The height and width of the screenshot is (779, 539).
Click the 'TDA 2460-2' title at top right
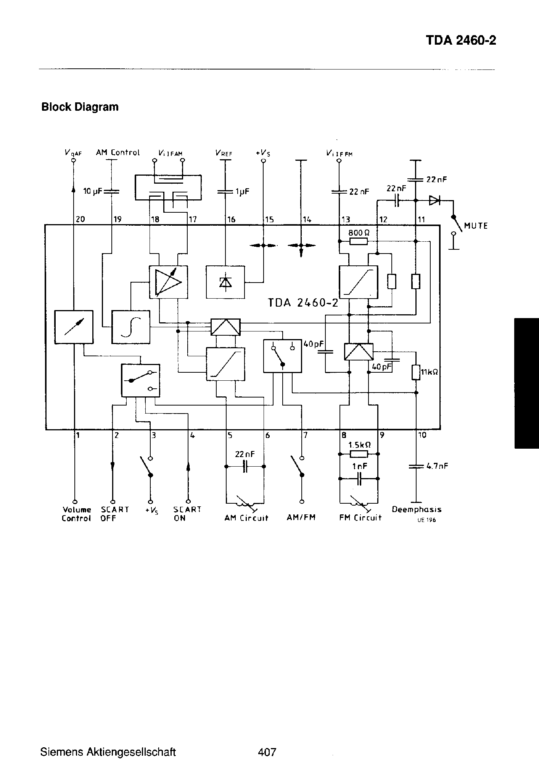(x=460, y=41)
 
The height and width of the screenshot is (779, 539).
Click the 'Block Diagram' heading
(x=80, y=107)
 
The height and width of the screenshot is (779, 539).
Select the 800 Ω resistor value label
(x=359, y=233)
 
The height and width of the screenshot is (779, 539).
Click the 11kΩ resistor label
(x=429, y=371)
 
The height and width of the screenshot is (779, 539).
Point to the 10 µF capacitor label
(x=92, y=191)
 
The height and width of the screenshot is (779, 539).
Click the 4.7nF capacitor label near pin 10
(x=437, y=466)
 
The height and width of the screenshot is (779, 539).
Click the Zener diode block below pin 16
(x=225, y=282)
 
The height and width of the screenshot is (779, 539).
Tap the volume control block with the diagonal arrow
(x=74, y=327)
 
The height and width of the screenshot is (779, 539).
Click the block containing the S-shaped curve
(x=130, y=327)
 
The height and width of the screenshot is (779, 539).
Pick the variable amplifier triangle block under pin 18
(x=168, y=282)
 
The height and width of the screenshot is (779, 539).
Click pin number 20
(x=80, y=219)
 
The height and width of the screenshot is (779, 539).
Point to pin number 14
(x=307, y=220)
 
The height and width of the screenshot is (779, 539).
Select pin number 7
(x=306, y=435)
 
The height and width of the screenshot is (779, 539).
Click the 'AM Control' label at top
(x=118, y=152)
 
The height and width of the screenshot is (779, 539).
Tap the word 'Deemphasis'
(x=417, y=509)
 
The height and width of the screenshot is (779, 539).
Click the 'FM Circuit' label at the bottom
(x=360, y=518)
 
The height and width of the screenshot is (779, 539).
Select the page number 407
(x=267, y=752)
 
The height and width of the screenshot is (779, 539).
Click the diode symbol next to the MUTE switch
(x=434, y=200)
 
